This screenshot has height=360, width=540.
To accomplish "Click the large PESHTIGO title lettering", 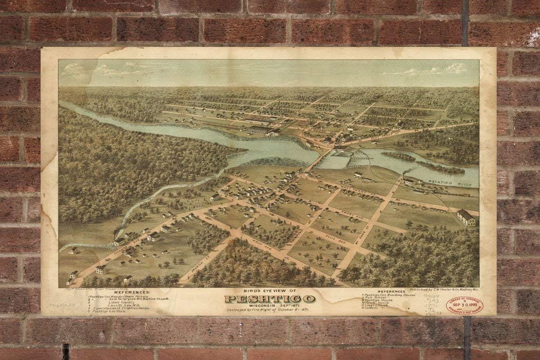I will pos(269,299).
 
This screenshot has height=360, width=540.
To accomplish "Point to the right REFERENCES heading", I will pos(391,290).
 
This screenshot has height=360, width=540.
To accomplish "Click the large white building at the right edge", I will pos(466,218).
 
